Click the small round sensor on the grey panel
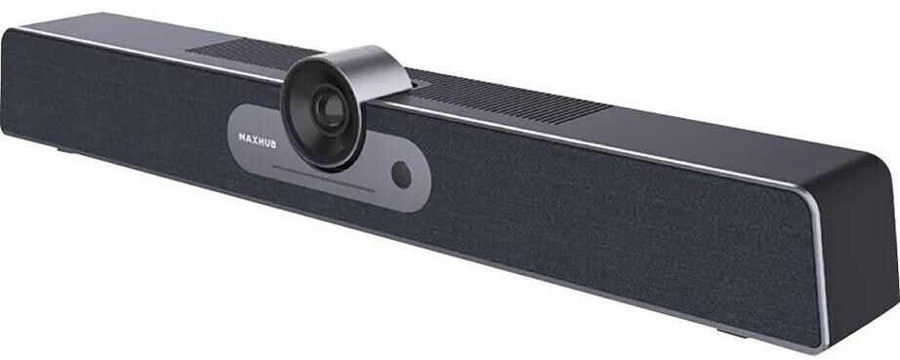click(399, 173)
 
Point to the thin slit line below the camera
click(322, 180)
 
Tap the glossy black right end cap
click(859, 254)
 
